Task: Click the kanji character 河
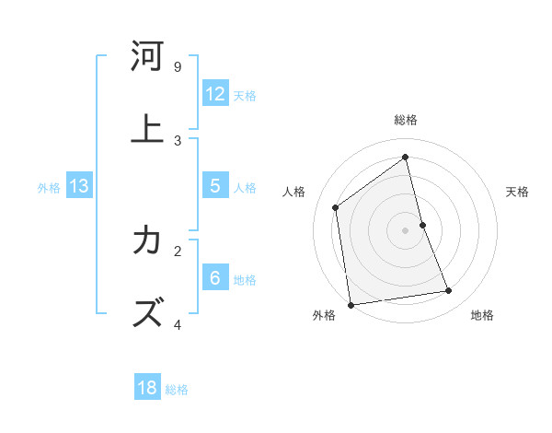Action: tap(146, 57)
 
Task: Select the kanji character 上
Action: tap(146, 129)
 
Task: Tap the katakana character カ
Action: tap(146, 241)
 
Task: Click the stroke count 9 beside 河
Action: tap(178, 67)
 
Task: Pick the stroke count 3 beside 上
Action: tap(178, 140)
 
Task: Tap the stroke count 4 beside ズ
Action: tap(178, 324)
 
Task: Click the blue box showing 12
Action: tap(215, 94)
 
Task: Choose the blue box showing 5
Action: tap(215, 186)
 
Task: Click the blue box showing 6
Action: tap(215, 278)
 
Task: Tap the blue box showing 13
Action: tap(79, 186)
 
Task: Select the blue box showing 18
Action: tap(147, 388)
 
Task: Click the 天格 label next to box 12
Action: tap(245, 95)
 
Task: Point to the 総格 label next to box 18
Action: tap(177, 390)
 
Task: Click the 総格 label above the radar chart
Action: tap(406, 120)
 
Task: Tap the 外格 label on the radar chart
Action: tap(324, 315)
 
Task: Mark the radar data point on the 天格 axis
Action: tap(422, 225)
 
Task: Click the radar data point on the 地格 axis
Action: tap(449, 291)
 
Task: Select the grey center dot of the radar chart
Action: tap(406, 230)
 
